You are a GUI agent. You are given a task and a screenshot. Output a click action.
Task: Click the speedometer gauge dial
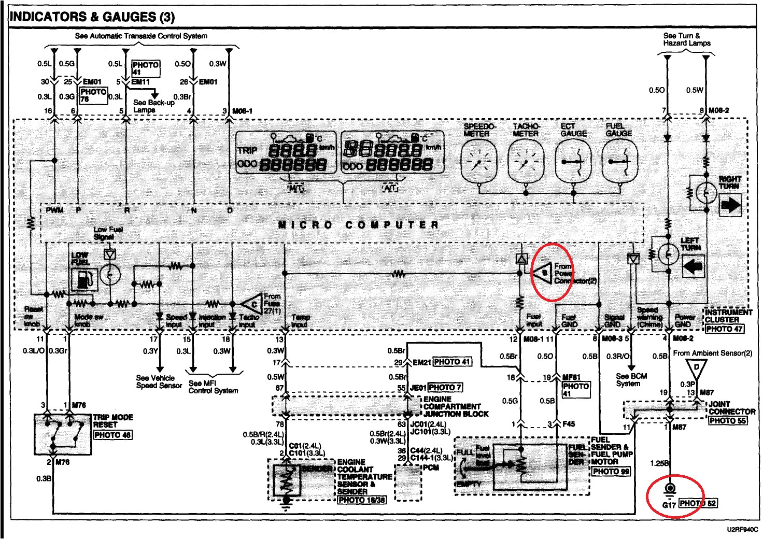(478, 162)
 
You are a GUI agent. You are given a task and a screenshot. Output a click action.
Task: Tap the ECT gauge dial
(573, 162)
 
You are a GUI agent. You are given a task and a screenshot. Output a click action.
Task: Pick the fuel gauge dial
(620, 162)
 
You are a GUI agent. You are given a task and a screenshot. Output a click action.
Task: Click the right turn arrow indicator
(731, 205)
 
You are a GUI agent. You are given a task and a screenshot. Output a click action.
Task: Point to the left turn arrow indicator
(693, 266)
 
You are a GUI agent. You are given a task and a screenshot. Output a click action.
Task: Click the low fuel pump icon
(84, 279)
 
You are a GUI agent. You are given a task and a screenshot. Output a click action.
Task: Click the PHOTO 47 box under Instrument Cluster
(724, 329)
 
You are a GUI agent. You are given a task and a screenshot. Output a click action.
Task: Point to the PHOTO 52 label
(698, 503)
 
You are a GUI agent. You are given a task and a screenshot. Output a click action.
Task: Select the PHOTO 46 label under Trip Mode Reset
(112, 435)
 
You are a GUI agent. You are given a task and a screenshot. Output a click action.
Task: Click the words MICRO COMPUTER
(358, 224)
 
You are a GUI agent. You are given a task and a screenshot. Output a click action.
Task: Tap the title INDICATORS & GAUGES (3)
(92, 17)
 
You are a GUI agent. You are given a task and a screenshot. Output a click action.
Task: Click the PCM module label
(431, 467)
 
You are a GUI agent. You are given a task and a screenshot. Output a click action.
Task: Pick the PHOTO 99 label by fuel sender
(611, 471)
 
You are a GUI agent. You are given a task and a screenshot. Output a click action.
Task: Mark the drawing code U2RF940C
(741, 530)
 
